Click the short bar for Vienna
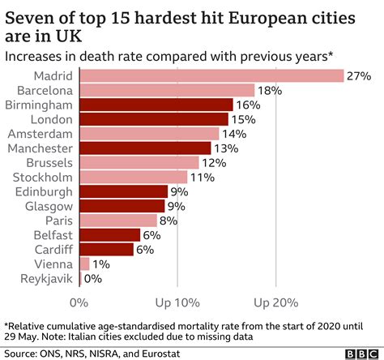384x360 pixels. coord(84,264)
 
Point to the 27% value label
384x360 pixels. coord(359,75)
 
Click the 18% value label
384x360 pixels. coord(270,90)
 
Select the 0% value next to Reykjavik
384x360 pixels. coord(93,278)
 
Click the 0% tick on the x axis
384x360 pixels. coord(79,302)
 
